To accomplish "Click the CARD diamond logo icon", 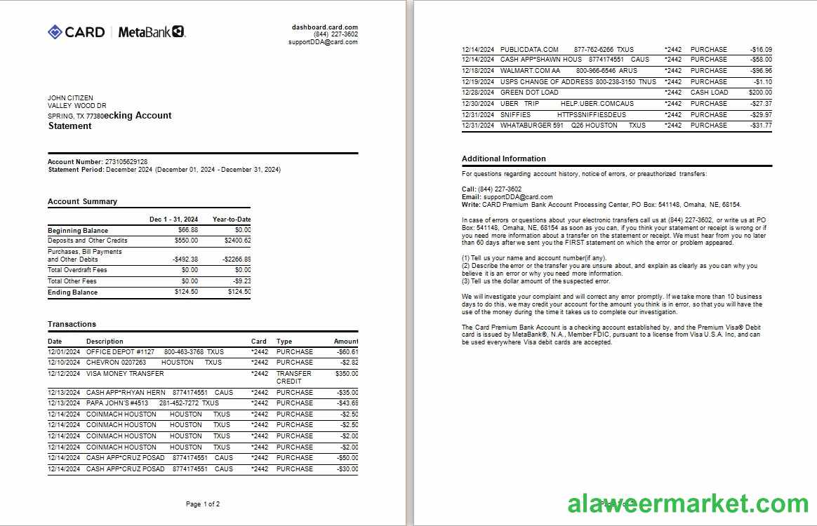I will pyautogui.click(x=55, y=32).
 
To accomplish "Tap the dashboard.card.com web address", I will pyautogui.click(x=325, y=27).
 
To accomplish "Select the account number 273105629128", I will pyautogui.click(x=126, y=162).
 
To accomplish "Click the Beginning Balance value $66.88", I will pyautogui.click(x=187, y=230).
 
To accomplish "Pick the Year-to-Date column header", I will pyautogui.click(x=232, y=220).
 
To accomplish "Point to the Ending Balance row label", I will pyautogui.click(x=72, y=292).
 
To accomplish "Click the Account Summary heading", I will pyautogui.click(x=82, y=202).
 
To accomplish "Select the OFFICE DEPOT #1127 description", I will pyautogui.click(x=120, y=352).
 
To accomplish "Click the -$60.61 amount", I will pyautogui.click(x=347, y=352).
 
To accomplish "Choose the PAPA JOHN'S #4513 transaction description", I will pyautogui.click(x=117, y=403).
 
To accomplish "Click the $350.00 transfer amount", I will pyautogui.click(x=345, y=374).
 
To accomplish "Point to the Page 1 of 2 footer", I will pyautogui.click(x=203, y=504).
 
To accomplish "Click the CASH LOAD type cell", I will pyautogui.click(x=709, y=93).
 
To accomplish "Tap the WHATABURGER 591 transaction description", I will pyautogui.click(x=531, y=126).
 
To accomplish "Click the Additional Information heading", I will pyautogui.click(x=503, y=159).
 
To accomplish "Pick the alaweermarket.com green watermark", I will pyautogui.click(x=688, y=504).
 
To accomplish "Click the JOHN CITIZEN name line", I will pyautogui.click(x=70, y=98).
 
